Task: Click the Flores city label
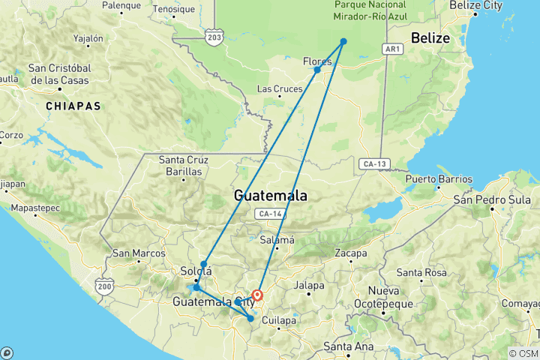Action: [316, 61]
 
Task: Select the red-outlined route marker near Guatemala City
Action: [257, 295]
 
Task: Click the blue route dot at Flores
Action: [317, 70]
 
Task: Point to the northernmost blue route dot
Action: [343, 41]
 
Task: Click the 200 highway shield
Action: [103, 286]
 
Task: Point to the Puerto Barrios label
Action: [439, 179]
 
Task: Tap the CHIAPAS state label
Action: [73, 106]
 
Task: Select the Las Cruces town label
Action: [280, 88]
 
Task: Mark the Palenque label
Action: [121, 5]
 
